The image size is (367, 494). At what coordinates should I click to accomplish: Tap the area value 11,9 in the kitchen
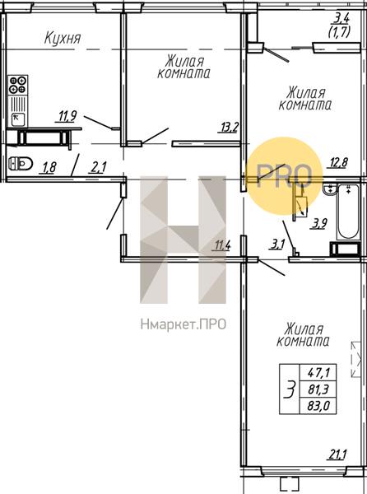[67, 116]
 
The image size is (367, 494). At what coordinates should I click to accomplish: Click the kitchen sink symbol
[17, 118]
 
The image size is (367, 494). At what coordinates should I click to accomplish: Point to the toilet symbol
[17, 162]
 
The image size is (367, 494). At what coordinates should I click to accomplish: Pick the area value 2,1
[99, 168]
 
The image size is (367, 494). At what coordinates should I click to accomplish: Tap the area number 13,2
[229, 127]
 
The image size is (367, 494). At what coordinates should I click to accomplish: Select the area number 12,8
[337, 162]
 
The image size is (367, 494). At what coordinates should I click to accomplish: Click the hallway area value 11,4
[222, 245]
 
